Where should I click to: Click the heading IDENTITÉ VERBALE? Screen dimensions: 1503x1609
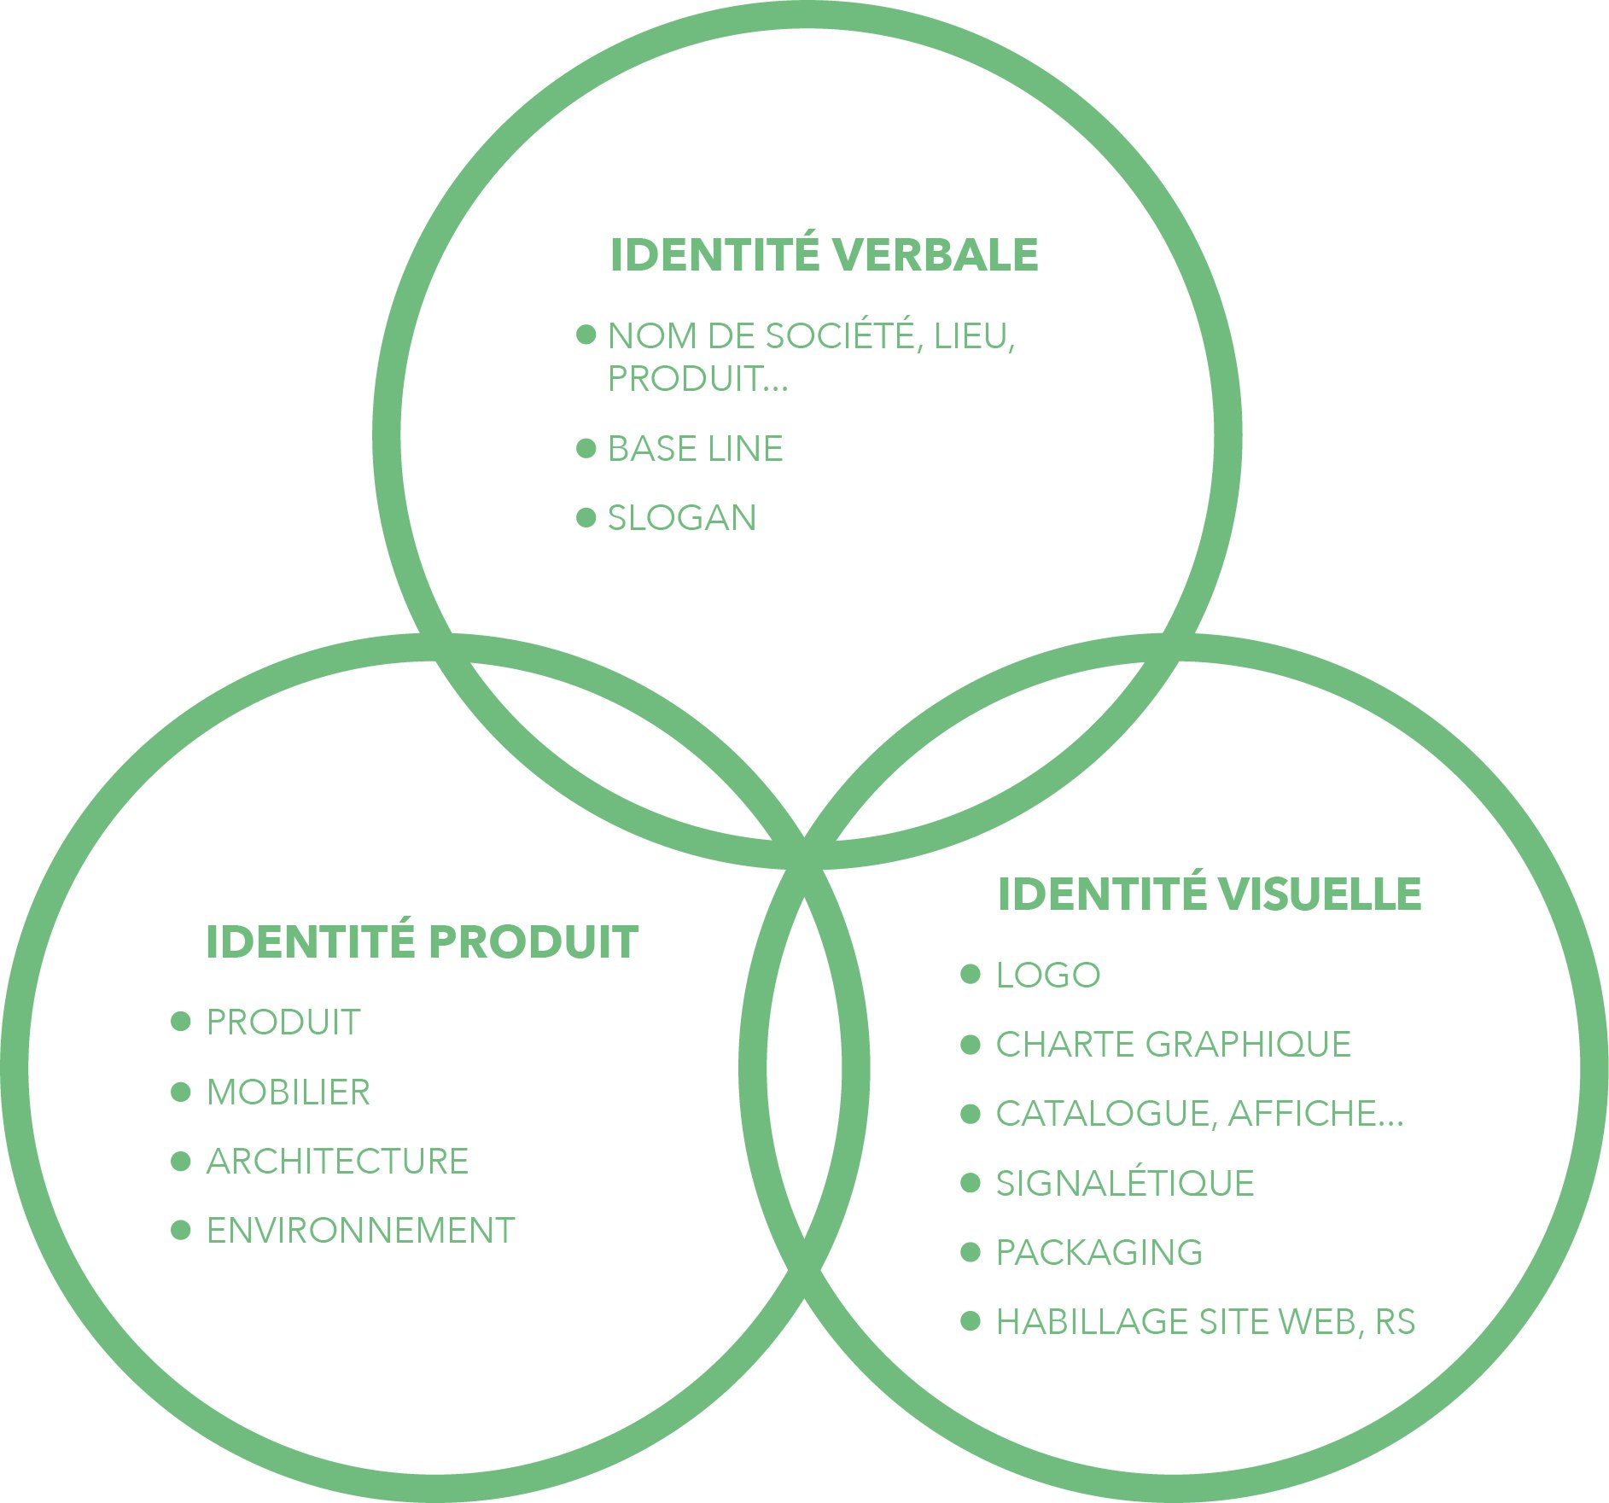tap(824, 255)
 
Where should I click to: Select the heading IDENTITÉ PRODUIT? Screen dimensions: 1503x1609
tap(422, 942)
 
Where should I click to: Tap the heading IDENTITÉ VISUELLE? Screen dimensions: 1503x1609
tap(1209, 894)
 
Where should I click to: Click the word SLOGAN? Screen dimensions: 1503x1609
tap(682, 518)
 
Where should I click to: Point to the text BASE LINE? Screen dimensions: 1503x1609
tap(695, 449)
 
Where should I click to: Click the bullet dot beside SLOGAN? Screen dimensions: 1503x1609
tap(586, 517)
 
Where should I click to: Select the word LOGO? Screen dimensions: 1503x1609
tap(1047, 976)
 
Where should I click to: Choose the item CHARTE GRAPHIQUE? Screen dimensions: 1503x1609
tap(1173, 1045)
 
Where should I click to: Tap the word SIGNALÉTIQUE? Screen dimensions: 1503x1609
tap(1124, 1184)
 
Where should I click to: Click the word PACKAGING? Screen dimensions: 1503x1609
tap(1099, 1253)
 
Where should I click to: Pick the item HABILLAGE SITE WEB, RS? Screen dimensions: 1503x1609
tap(1205, 1322)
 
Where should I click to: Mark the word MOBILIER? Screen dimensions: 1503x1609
tap(288, 1092)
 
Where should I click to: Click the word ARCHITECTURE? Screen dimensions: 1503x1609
tap(337, 1162)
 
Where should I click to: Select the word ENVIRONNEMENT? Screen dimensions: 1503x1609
tap(360, 1231)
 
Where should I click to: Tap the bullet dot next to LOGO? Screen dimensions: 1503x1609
tap(971, 975)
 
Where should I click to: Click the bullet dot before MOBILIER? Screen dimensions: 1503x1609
tap(181, 1092)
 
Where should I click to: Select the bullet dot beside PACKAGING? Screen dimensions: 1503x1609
tap(971, 1252)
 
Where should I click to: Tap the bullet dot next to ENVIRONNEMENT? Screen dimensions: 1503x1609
tap(181, 1230)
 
